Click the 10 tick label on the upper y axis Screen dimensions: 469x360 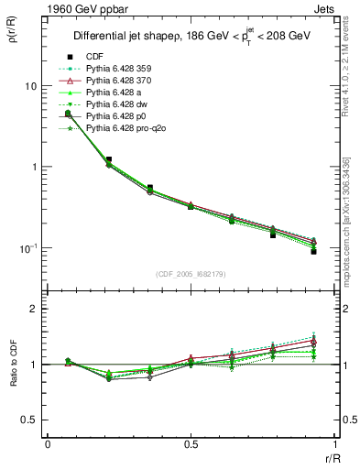click(29, 86)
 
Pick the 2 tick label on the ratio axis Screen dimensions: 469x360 click(34, 310)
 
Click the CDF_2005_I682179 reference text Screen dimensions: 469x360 click(191, 274)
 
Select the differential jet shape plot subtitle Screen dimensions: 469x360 click(191, 37)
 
